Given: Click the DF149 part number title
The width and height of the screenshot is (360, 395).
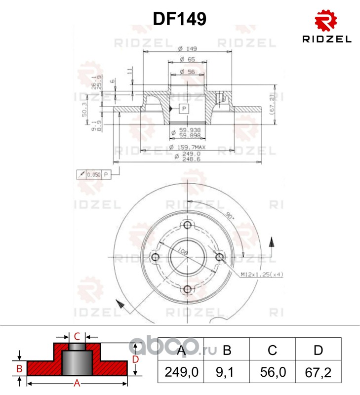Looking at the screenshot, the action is pyautogui.click(x=180, y=19).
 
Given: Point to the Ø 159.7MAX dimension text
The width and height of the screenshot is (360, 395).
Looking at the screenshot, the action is pyautogui.click(x=187, y=147).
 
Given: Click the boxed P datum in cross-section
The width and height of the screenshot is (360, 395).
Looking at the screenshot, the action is pyautogui.click(x=184, y=108).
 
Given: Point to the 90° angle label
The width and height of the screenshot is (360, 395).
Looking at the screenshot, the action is pyautogui.click(x=230, y=216).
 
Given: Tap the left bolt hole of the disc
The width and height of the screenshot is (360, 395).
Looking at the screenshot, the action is pyautogui.click(x=156, y=257).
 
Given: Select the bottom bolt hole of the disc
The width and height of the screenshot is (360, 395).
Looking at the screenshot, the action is pyautogui.click(x=188, y=289).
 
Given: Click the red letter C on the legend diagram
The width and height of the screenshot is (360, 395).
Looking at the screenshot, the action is pyautogui.click(x=77, y=337).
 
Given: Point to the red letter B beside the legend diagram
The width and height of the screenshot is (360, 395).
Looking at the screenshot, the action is pyautogui.click(x=19, y=368).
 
